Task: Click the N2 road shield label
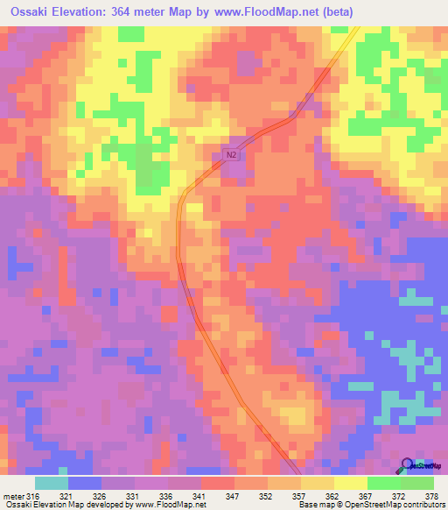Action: [230, 155]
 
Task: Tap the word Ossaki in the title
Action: [27, 11]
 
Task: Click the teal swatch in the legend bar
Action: [52, 484]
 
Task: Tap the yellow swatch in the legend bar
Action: [350, 484]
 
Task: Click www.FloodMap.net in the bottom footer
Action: [171, 505]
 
